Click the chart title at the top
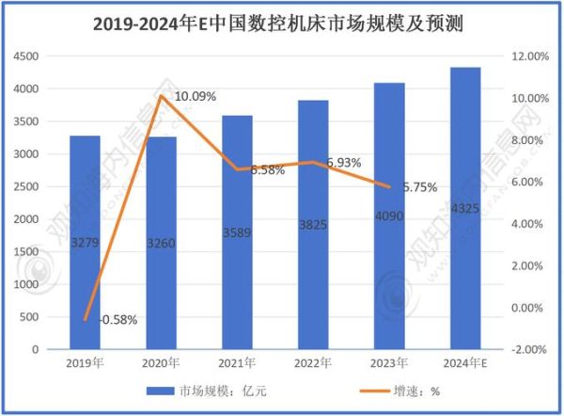tap(283, 21)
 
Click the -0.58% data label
tap(117, 319)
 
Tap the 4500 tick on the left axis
tap(25, 56)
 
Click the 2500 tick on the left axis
tap(25, 186)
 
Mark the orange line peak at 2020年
tap(161, 96)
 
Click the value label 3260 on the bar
tap(162, 244)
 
